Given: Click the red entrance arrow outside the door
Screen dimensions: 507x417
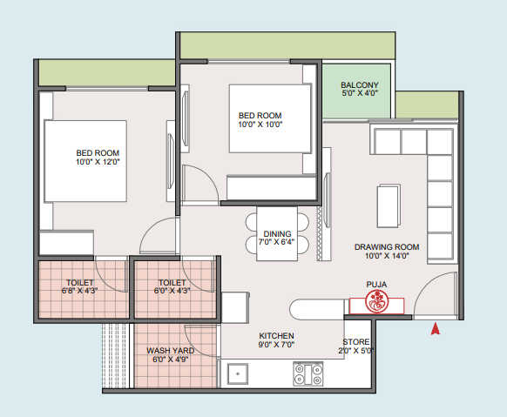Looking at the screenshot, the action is pyautogui.click(x=436, y=328).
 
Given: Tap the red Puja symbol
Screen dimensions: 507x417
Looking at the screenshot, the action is pyautogui.click(x=376, y=302).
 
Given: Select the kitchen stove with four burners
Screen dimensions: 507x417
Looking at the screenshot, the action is pyautogui.click(x=308, y=373).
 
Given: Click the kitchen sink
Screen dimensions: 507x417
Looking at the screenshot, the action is pyautogui.click(x=238, y=373).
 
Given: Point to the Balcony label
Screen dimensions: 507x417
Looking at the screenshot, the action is pyautogui.click(x=360, y=85).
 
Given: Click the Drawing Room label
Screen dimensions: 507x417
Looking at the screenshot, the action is pyautogui.click(x=387, y=247).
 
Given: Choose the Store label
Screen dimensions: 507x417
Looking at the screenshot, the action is pyautogui.click(x=356, y=342).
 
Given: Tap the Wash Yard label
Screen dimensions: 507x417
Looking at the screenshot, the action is pyautogui.click(x=171, y=351).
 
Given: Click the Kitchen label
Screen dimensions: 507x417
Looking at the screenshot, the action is pyautogui.click(x=276, y=336).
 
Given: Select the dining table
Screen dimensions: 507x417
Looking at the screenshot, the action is pyautogui.click(x=277, y=234).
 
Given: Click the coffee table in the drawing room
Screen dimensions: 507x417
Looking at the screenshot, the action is pyautogui.click(x=389, y=205).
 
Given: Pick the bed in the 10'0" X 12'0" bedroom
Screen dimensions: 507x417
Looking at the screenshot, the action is pyautogui.click(x=85, y=161).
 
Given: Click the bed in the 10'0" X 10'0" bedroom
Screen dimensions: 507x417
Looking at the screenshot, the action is pyautogui.click(x=270, y=118).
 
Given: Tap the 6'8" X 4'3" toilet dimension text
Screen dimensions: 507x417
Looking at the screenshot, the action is pyautogui.click(x=80, y=291).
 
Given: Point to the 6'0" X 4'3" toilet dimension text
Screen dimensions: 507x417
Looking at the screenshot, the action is pyautogui.click(x=172, y=291).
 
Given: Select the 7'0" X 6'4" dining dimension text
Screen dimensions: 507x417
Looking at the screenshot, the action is pyautogui.click(x=276, y=242).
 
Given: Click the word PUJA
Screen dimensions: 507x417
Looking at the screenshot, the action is pyautogui.click(x=376, y=285).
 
